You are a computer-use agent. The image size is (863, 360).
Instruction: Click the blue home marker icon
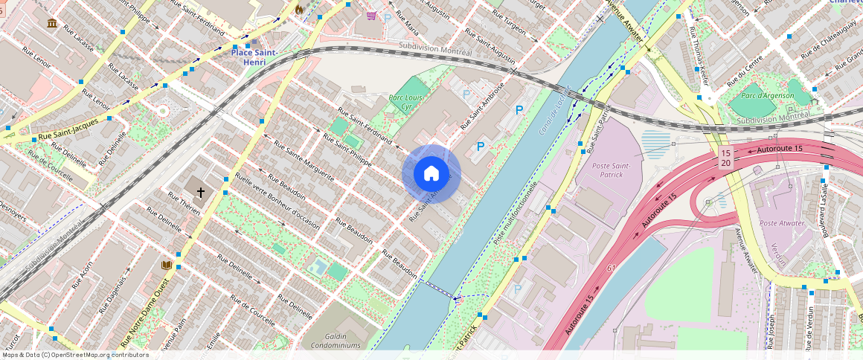point(431,174)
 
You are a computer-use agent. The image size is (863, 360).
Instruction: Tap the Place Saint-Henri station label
point(254,57)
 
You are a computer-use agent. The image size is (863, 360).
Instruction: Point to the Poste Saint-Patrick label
point(612,170)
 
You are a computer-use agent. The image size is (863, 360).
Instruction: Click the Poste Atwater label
point(781,223)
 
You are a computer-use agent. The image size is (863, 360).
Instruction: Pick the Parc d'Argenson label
point(765,95)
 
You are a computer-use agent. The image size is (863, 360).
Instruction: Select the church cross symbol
point(200,191)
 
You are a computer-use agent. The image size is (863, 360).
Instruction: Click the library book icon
point(167,266)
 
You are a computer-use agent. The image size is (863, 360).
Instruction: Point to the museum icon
point(52,24)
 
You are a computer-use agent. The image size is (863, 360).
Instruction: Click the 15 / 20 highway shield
point(725,158)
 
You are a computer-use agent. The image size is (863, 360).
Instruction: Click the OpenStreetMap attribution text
point(76,355)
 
